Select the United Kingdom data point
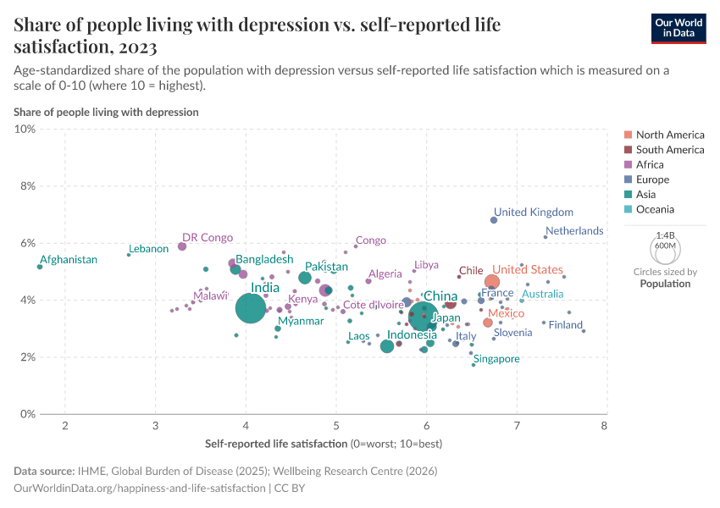coord(494,220)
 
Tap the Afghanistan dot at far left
coord(40,267)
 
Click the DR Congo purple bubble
coord(182,246)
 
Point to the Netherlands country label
coord(574,230)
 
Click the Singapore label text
coord(496,359)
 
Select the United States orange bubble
coord(492,282)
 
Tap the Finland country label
coord(566,325)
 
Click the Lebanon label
coord(149,249)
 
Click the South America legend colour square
coord(628,150)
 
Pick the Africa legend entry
coord(650,164)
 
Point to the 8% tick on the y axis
coord(25,186)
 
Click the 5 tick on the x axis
coord(336,424)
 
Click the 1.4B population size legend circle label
coord(665,235)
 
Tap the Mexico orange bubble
coord(488,323)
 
